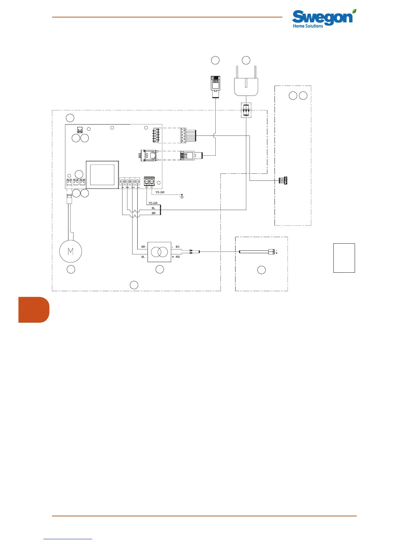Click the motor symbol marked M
[71, 251]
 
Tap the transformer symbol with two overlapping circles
[159, 252]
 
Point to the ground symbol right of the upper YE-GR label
[182, 196]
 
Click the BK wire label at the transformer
[177, 247]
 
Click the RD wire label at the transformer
[178, 257]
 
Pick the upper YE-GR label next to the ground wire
[160, 192]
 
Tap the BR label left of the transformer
[143, 247]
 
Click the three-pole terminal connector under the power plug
[246, 111]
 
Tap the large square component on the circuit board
[102, 175]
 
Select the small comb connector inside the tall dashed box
[283, 180]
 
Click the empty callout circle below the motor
[71, 269]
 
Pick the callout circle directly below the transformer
[160, 269]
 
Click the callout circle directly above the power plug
[246, 60]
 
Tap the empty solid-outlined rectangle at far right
[344, 258]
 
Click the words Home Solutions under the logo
[308, 26]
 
